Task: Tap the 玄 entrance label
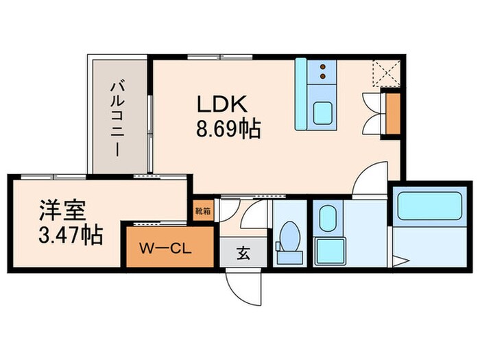tap(243, 254)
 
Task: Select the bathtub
tap(429, 206)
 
